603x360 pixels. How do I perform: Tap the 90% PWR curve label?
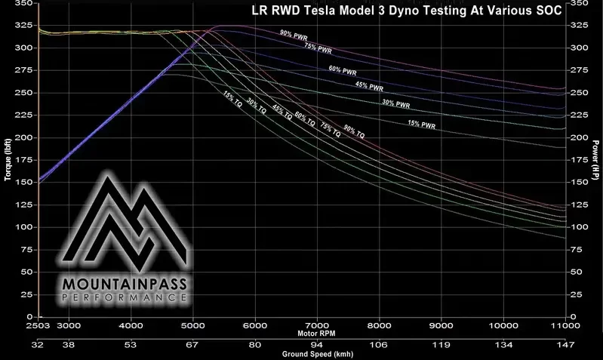point(293,33)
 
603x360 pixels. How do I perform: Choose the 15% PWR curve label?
point(421,123)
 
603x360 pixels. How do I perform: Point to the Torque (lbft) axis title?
point(8,158)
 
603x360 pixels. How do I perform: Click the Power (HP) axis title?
point(595,158)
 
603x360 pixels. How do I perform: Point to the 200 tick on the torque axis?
point(23,137)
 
